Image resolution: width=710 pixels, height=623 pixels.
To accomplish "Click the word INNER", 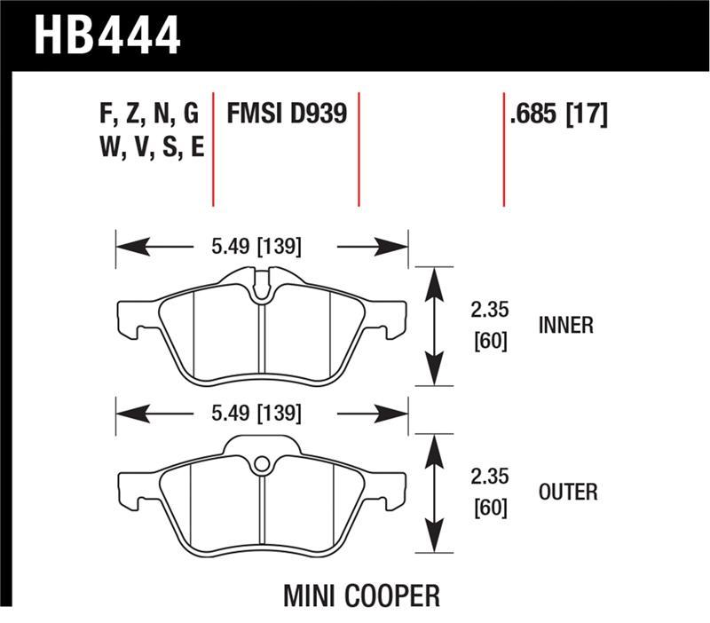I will point(565,326).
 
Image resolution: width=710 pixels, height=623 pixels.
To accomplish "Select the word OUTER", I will point(567,492).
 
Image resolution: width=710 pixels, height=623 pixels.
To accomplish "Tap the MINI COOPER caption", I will point(361,595).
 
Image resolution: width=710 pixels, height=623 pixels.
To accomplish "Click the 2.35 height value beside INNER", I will point(489,311).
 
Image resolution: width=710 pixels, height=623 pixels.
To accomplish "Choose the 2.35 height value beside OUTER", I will point(489,477).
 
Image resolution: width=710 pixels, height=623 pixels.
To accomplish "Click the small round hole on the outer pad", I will point(261,463).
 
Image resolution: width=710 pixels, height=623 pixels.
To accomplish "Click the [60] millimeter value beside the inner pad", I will point(489,341).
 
